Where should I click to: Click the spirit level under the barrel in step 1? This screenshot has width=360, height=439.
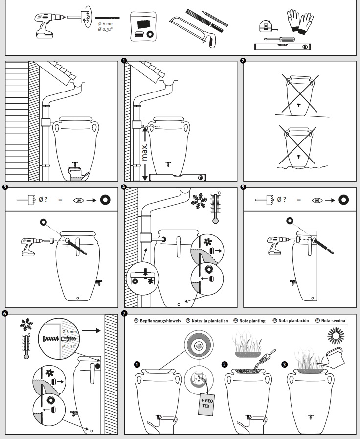(x=178, y=178)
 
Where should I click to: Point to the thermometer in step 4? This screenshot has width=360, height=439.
(x=214, y=208)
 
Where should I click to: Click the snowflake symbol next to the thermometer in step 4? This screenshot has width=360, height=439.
(x=200, y=200)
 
